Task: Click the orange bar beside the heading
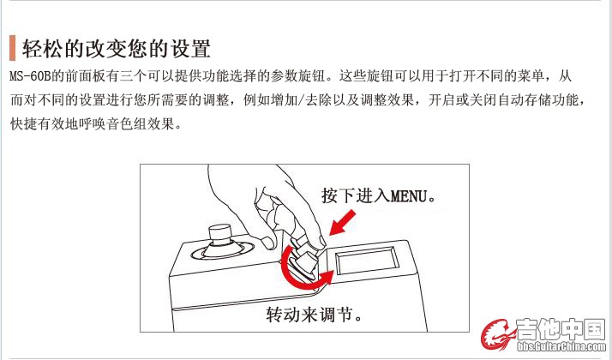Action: [13, 48]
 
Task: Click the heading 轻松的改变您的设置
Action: [117, 48]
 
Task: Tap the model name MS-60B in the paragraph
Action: [31, 75]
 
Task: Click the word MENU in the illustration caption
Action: [408, 196]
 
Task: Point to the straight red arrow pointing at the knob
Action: [342, 223]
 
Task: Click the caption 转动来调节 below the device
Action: [309, 315]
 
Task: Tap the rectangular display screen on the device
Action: [367, 261]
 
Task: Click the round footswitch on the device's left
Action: [221, 244]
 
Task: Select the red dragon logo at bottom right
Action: [498, 334]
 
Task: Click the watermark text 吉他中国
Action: [561, 329]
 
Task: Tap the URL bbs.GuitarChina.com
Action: [561, 346]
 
